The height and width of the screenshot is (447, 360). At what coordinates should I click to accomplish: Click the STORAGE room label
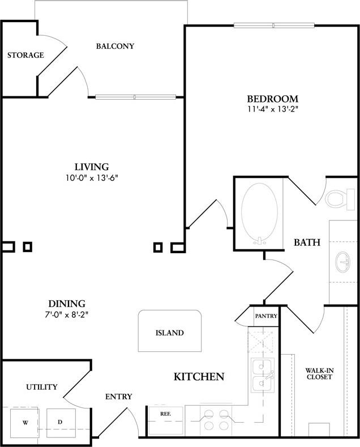[x=25, y=55]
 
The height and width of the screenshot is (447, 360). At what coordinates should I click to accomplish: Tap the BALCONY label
[x=115, y=46]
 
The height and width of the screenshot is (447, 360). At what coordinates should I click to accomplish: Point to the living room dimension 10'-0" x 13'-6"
[x=91, y=177]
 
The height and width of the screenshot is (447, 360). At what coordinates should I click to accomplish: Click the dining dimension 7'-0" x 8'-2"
[x=66, y=314]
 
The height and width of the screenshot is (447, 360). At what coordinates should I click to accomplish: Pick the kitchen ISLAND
[x=169, y=333]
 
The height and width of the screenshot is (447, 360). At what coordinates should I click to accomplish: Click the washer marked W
[x=25, y=423]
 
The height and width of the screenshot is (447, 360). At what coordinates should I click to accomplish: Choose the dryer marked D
[x=61, y=423]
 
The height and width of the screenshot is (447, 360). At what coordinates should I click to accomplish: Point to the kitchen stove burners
[x=216, y=420]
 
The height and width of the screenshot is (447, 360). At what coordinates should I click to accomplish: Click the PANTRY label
[x=266, y=316]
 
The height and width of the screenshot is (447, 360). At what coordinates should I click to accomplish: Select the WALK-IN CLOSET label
[x=319, y=373]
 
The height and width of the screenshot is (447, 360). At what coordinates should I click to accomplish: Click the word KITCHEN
[x=199, y=376]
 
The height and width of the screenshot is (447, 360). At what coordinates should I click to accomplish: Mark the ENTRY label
[x=118, y=397]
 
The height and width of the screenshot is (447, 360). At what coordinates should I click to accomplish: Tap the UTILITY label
[x=41, y=387]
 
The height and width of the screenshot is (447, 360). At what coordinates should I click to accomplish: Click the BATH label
[x=307, y=242]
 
